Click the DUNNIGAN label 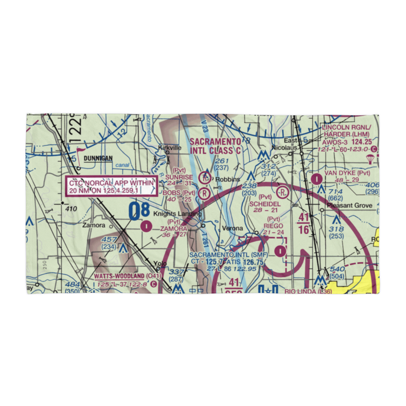point(98,158)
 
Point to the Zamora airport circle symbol point(146,225)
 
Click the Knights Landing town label point(177,214)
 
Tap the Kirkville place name point(170,148)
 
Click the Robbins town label point(227,179)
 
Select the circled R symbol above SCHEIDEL point(283,191)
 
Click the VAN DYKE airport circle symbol point(316,178)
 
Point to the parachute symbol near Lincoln point(370,159)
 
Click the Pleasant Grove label point(350,205)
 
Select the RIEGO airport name point(273,226)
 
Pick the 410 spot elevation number point(71,209)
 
